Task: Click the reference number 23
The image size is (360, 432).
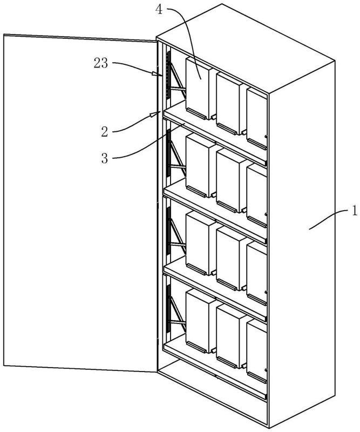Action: [x=101, y=63]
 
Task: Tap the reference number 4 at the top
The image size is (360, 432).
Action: [x=159, y=10]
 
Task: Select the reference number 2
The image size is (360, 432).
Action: [x=105, y=132]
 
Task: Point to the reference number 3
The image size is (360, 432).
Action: [x=105, y=158]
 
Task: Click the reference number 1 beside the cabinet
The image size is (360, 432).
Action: [x=354, y=211]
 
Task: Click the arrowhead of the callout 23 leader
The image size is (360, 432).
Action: [x=157, y=73]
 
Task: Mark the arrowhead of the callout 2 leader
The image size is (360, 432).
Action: [x=155, y=114]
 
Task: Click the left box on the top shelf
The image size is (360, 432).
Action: [x=200, y=88]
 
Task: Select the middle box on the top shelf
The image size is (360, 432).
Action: [x=231, y=104]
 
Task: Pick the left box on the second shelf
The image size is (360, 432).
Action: [x=200, y=165]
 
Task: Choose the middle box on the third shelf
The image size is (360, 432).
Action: [x=231, y=259]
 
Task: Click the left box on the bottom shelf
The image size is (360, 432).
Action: [x=200, y=321]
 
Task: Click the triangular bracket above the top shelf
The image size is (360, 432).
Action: [x=178, y=80]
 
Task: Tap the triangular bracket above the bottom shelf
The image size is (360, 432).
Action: [x=178, y=315]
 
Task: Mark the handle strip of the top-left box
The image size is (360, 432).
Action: [x=196, y=113]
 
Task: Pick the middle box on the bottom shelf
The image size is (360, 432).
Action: [x=231, y=336]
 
